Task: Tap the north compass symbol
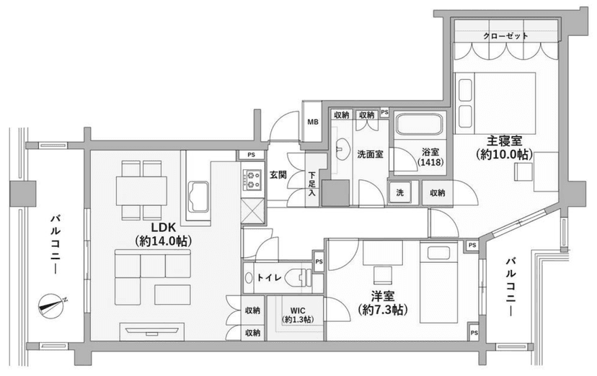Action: [51, 306]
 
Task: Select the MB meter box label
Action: [313, 122]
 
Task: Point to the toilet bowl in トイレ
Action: [300, 278]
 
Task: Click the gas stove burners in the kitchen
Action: [252, 180]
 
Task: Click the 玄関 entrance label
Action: [278, 175]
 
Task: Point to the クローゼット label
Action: [506, 36]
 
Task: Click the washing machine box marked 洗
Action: [399, 193]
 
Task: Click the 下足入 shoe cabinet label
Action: [311, 184]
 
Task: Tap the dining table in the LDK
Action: [141, 191]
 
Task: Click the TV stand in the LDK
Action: [152, 331]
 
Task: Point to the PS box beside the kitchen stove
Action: [251, 155]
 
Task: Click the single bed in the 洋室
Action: [438, 282]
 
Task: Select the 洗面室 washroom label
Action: [370, 154]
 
